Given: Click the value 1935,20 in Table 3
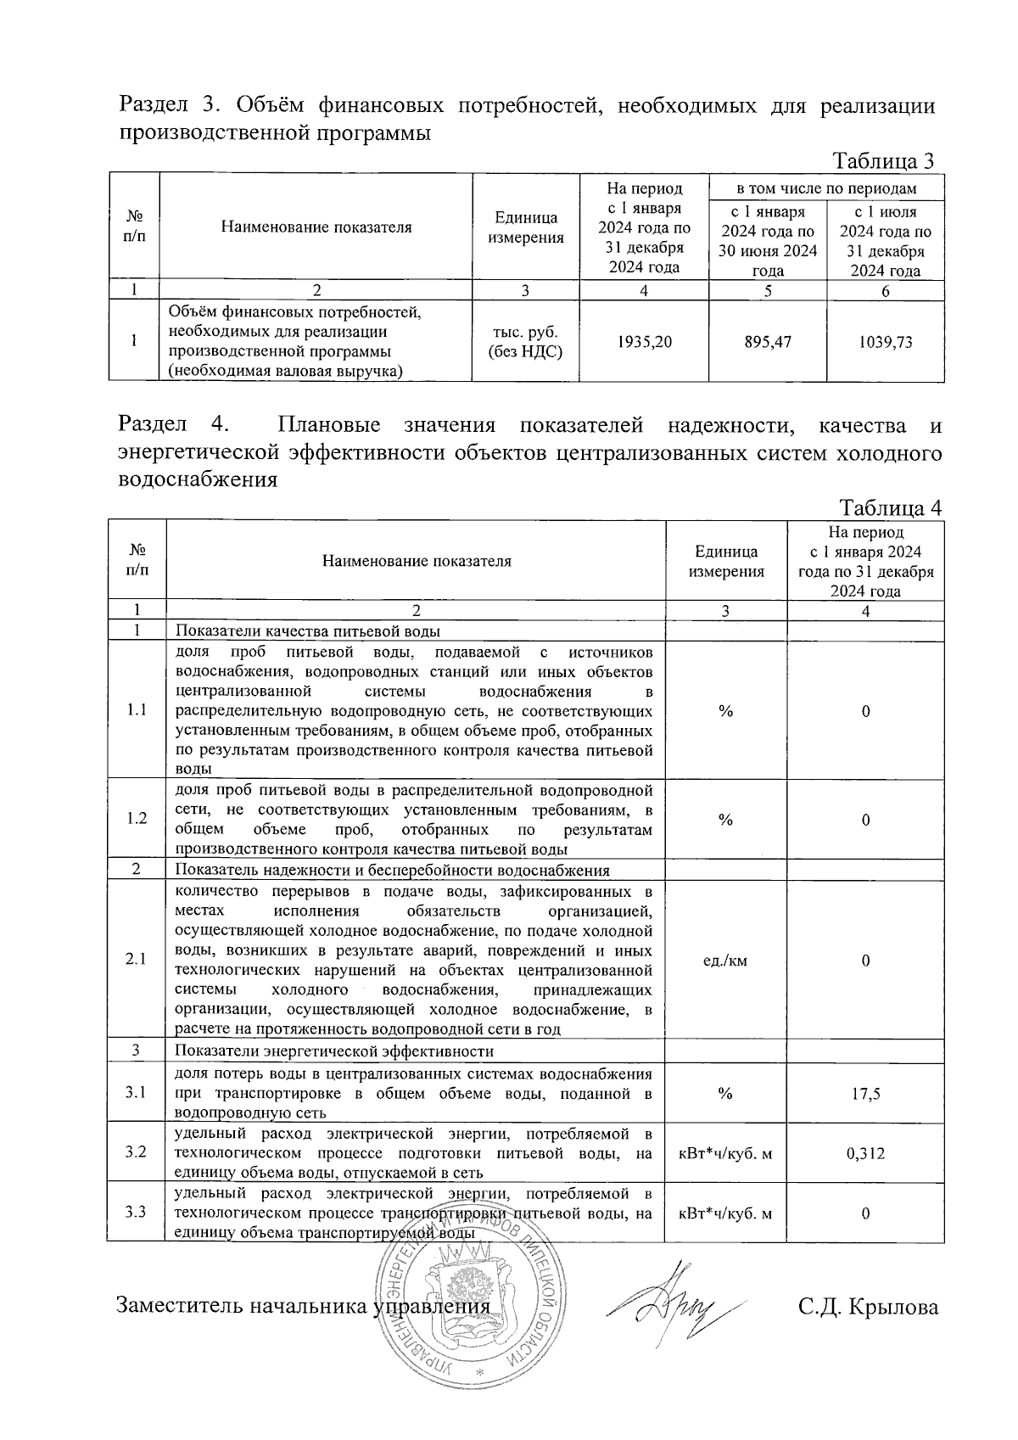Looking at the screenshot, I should point(644,343).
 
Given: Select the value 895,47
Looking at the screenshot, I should point(768,343).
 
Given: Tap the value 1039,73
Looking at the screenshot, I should point(886,343).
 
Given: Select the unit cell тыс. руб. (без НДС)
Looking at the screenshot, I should point(526,342).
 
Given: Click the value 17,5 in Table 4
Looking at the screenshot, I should point(865,1094).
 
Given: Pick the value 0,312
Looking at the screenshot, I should point(865,1153).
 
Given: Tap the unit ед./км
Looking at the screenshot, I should point(725,961).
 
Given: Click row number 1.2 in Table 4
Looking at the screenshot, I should point(136,819).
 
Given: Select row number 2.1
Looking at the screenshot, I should point(136,960).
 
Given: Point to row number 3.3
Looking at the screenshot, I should point(136,1213).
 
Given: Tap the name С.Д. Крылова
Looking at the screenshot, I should point(868,1307).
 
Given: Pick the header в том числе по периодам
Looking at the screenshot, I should point(826,188).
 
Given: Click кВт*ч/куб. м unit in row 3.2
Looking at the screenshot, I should point(725,1153).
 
